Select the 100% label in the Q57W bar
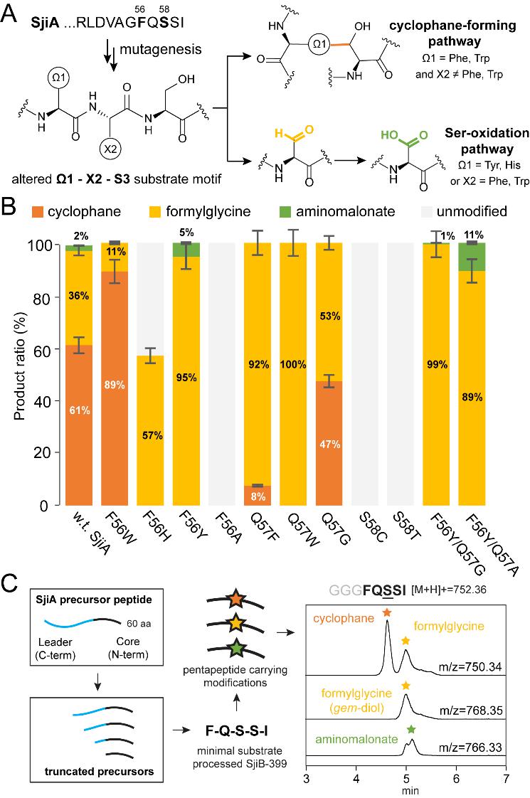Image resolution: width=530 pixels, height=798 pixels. pos(290,364)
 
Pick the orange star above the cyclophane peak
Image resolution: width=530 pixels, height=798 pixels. pos(386,591)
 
